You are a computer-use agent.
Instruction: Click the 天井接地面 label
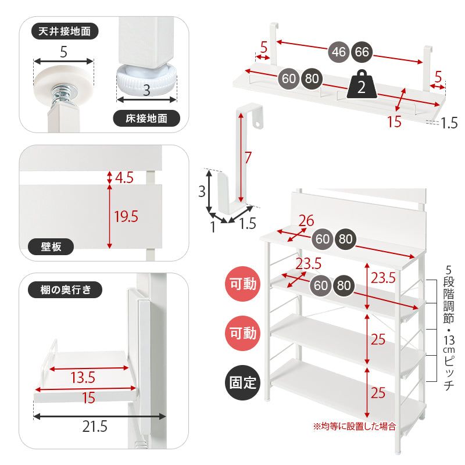click(65, 31)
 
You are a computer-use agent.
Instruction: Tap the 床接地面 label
click(146, 119)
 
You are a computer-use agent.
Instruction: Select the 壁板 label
click(51, 246)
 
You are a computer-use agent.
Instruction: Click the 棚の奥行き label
click(65, 289)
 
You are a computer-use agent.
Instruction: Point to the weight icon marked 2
click(362, 84)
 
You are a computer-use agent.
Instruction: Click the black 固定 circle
click(243, 382)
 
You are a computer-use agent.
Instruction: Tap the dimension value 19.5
click(126, 216)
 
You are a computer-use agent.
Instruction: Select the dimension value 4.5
click(124, 178)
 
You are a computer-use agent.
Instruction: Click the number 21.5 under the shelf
click(95, 427)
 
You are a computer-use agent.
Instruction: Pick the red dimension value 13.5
click(83, 378)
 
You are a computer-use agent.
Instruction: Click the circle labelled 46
click(339, 52)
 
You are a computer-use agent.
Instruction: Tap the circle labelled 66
click(362, 52)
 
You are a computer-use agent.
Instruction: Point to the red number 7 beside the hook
click(248, 158)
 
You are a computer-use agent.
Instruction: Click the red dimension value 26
click(306, 221)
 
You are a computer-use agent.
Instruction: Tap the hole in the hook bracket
click(259, 123)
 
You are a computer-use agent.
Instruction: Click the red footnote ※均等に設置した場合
click(355, 427)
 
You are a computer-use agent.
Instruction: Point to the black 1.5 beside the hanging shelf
click(449, 123)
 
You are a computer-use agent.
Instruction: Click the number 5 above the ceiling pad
click(64, 52)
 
